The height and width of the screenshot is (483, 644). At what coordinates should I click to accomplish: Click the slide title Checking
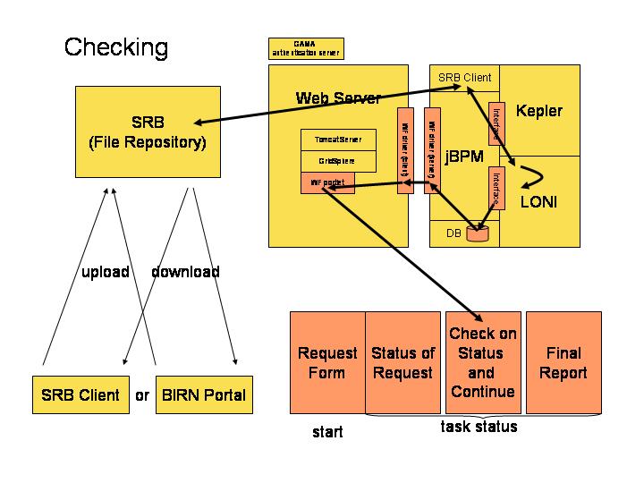point(115,47)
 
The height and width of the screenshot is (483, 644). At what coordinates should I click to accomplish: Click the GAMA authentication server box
point(305,48)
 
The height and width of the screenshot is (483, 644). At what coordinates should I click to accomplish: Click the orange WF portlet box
point(327,182)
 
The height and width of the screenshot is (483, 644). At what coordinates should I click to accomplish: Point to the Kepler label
point(539,111)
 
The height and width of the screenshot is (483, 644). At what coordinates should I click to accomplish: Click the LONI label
point(538,203)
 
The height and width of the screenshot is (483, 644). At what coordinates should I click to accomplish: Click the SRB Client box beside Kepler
point(464,77)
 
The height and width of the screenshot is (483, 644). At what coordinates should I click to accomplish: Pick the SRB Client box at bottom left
point(80,394)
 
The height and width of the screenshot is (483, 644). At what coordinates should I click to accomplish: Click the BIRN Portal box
point(201,394)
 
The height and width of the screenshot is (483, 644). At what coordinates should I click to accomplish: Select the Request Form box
point(327,362)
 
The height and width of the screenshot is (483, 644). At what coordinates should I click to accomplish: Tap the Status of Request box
point(402,362)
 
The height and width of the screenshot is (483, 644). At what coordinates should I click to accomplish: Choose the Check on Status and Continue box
point(482,362)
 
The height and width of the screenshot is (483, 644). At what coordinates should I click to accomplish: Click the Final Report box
point(563,362)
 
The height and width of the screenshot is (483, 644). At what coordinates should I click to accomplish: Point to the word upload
point(105,272)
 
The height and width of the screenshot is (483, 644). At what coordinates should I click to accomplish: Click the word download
point(185,272)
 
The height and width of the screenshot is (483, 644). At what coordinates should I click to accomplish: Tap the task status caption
point(479,427)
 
